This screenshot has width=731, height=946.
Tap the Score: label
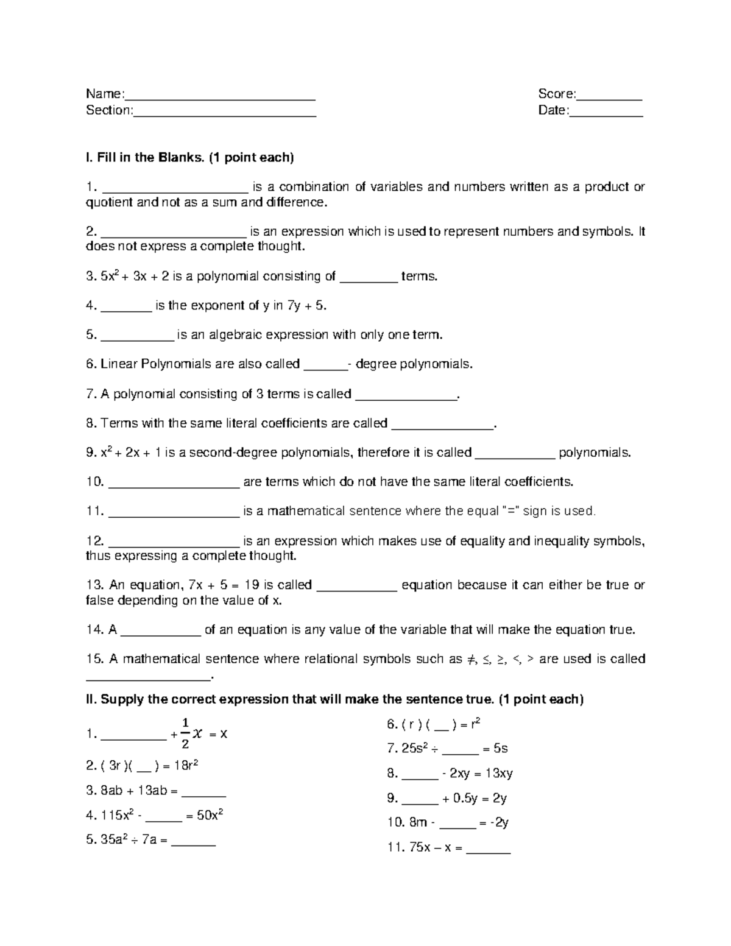(556, 94)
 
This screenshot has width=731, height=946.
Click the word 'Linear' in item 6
(119, 364)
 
